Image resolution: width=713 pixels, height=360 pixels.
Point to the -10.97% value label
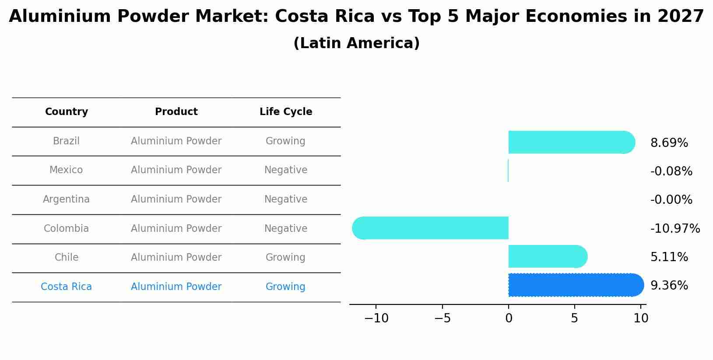675,228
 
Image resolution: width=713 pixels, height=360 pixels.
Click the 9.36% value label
669,285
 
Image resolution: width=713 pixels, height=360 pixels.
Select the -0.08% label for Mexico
671,171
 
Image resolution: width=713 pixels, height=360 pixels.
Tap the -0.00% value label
671,200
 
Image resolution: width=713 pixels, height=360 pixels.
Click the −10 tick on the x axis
376,318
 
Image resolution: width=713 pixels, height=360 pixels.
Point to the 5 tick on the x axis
574,318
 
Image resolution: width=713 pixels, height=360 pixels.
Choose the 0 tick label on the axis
508,318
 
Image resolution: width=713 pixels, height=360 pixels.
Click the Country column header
67,112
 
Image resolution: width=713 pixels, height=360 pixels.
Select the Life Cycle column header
285,112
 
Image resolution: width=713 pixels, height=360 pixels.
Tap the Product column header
176,112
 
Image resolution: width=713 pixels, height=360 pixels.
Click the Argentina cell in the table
66,199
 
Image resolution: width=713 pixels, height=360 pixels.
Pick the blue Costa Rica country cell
66,287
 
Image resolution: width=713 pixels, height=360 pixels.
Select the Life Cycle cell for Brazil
285,141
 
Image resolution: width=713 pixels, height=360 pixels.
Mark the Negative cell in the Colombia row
285,228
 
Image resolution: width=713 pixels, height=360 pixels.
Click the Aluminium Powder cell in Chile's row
176,257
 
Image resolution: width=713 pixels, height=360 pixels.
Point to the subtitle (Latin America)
356,43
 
